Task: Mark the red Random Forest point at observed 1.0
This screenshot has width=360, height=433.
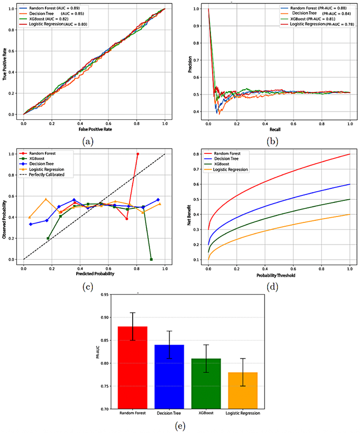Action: pos(138,154)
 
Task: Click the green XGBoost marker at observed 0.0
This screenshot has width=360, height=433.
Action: pos(151,259)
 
